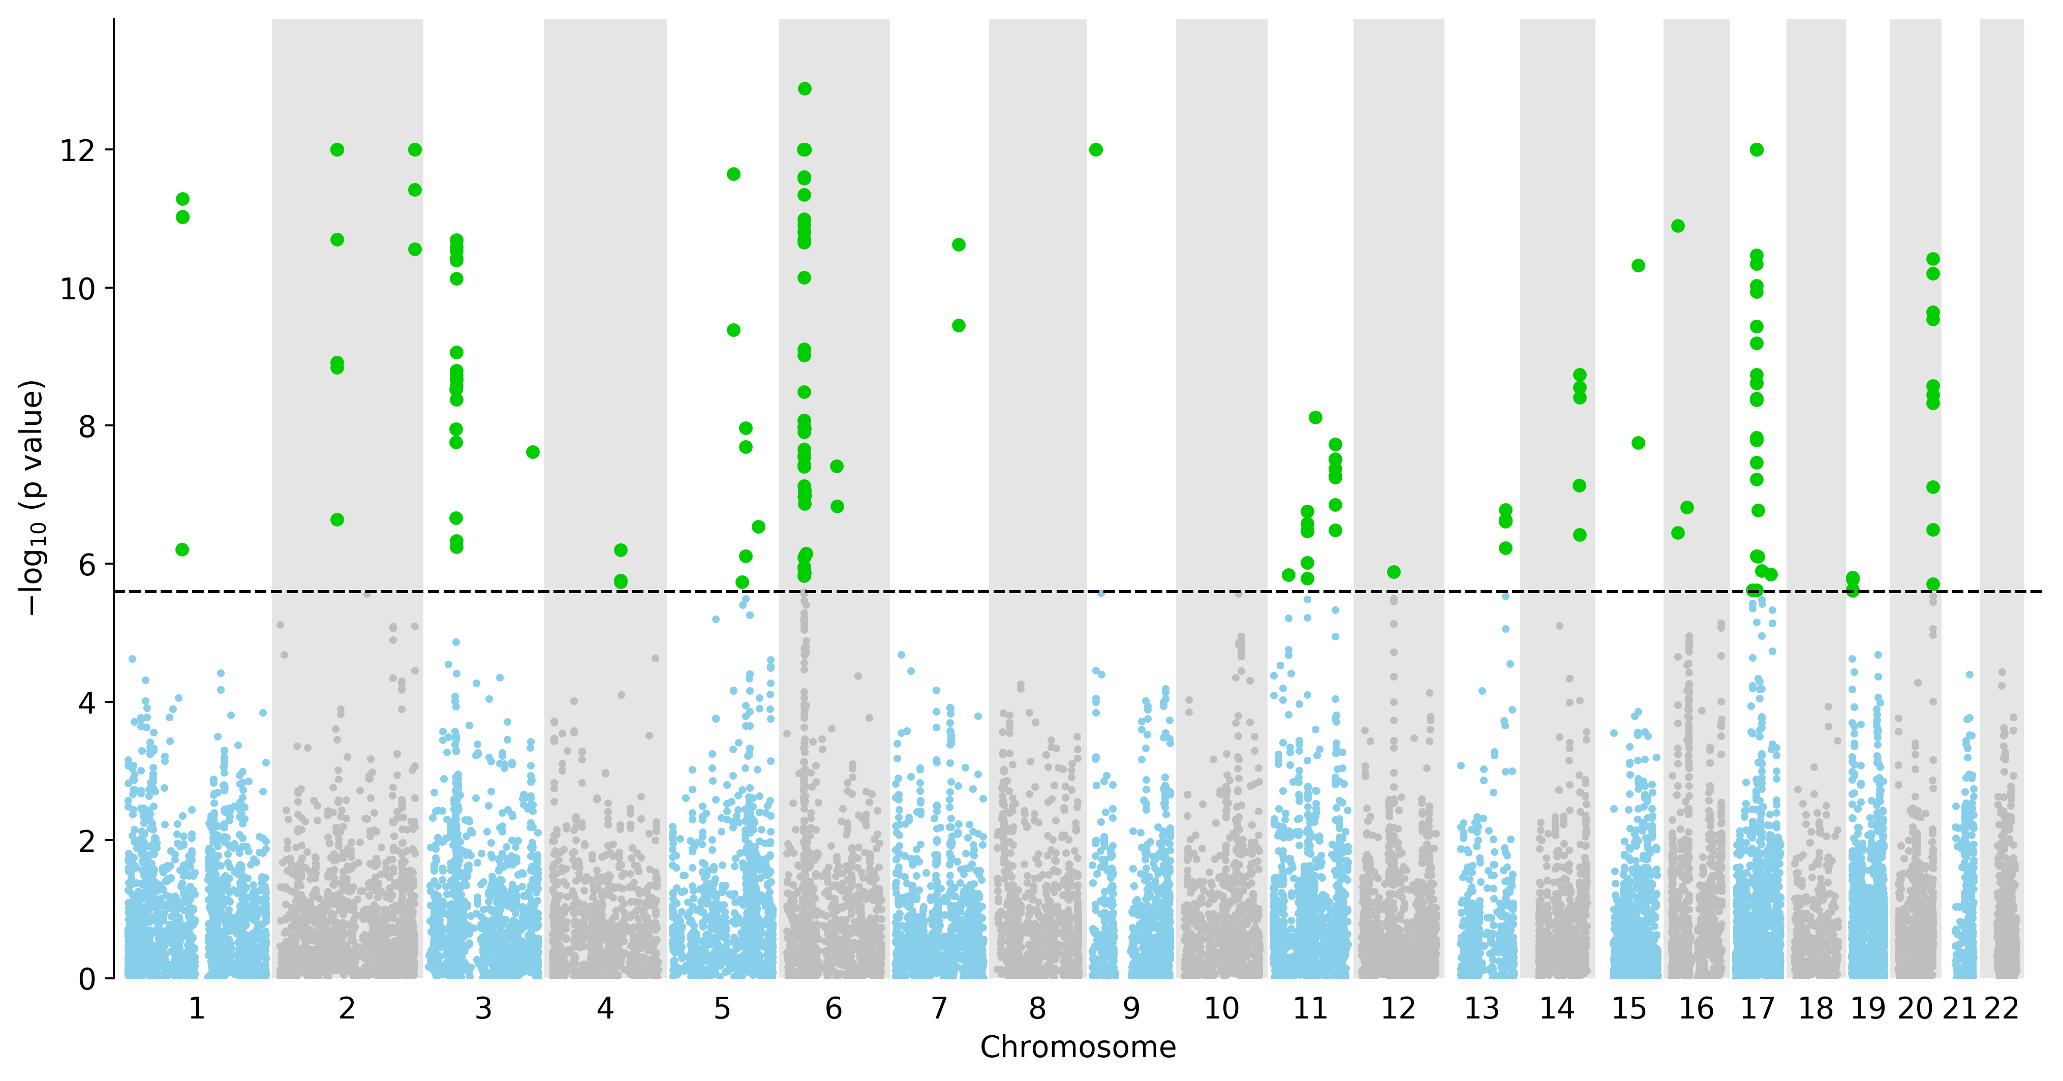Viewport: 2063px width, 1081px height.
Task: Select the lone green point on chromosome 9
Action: click(1096, 150)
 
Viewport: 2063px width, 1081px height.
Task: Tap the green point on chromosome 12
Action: click(1394, 572)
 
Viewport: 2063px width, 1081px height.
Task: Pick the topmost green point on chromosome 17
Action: click(1757, 150)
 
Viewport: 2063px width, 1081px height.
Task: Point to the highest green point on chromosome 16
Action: click(1678, 226)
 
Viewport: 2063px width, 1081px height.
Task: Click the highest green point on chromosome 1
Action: click(182, 199)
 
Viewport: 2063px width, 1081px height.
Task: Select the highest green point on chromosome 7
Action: click(959, 245)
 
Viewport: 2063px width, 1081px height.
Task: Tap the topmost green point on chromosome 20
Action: click(1933, 259)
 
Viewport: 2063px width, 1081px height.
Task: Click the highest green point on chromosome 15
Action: click(1639, 265)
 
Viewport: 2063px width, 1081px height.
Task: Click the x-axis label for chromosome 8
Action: click(1037, 1009)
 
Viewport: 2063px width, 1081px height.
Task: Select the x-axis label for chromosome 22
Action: click(2002, 1009)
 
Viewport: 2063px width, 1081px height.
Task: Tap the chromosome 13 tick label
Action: click(1482, 1009)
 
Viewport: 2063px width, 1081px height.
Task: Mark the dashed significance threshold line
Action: click(1078, 592)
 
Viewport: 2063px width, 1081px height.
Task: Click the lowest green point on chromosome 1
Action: click(182, 549)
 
